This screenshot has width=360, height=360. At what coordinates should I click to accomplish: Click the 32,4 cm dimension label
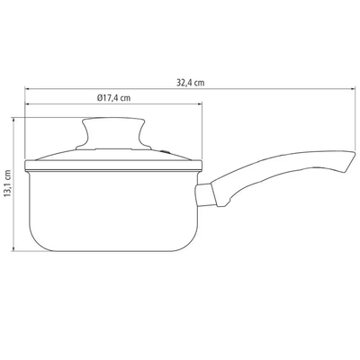point(190,83)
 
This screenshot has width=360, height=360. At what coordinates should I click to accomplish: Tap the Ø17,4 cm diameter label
point(113,98)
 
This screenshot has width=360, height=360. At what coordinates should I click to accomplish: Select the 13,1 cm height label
point(8,184)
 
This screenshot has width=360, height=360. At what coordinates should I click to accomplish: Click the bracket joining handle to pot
point(205,195)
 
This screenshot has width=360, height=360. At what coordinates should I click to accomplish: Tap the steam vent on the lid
point(165,152)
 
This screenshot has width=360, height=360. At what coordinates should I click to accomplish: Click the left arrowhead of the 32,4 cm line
point(28,89)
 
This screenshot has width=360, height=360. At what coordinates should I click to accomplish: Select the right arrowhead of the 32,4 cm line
point(352,89)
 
